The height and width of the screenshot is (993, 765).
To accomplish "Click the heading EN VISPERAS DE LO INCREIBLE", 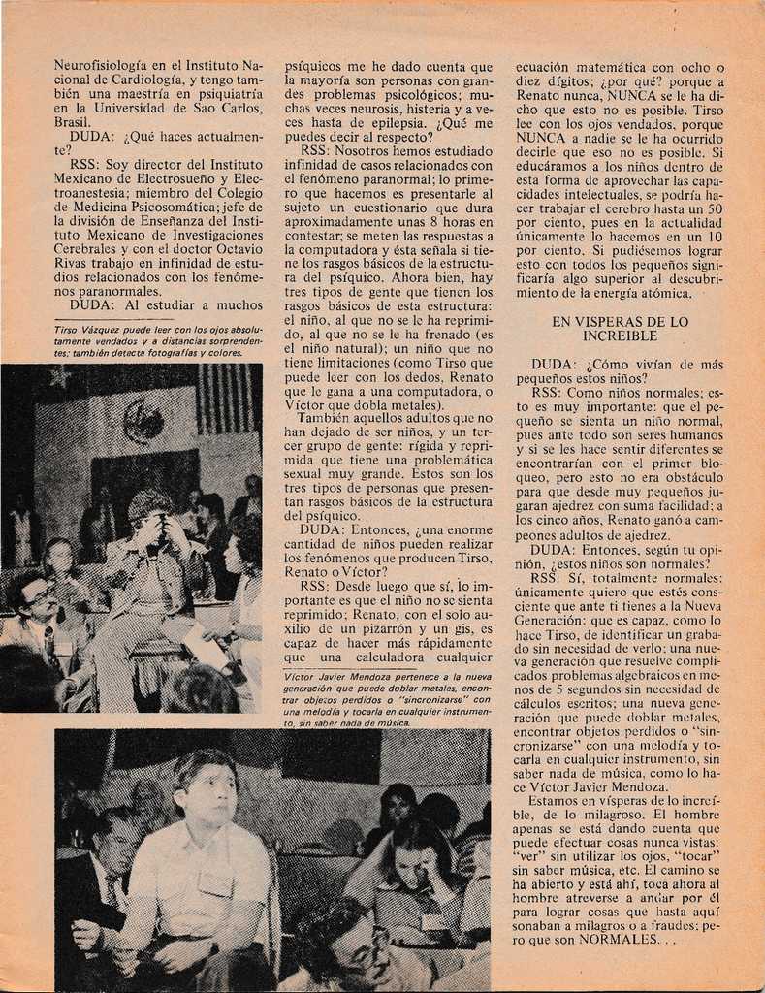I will coord(620,329).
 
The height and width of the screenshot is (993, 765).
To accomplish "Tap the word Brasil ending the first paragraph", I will coord(73,123).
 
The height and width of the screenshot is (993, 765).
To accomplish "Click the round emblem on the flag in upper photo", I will coord(143,422).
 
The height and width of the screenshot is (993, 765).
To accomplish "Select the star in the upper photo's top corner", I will coord(60,377).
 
